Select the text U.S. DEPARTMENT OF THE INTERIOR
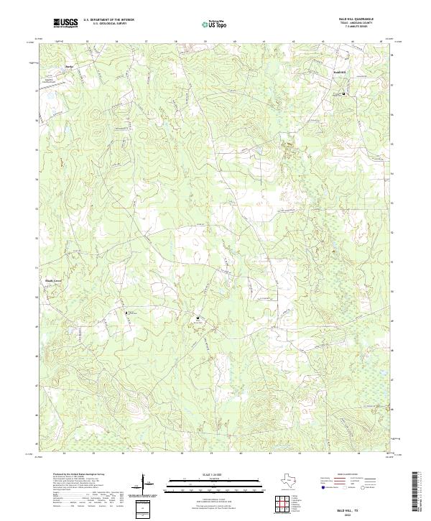click(x=103, y=20)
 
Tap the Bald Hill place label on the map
click(x=342, y=72)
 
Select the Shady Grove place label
click(x=45, y=272)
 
